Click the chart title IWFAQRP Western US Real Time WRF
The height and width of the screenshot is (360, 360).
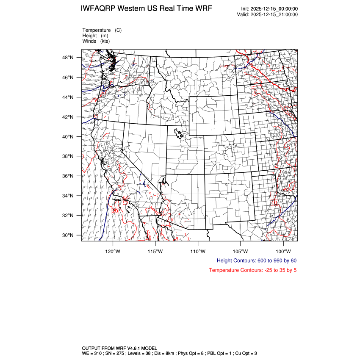pos(147,8)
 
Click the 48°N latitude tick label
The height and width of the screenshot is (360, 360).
pos(69,58)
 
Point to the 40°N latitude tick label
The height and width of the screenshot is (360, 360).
pos(69,137)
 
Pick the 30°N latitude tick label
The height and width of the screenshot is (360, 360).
pos(69,235)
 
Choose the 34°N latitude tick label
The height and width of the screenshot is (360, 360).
pos(69,196)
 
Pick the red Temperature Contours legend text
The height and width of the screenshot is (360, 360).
pos(252,270)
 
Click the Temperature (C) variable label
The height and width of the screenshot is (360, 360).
pos(102,30)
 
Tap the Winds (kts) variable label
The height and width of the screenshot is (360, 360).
pos(96,41)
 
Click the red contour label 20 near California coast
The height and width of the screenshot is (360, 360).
pos(115,210)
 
